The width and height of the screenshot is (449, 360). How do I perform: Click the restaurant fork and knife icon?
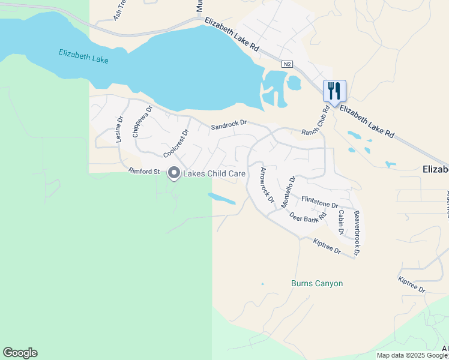[x=334, y=91]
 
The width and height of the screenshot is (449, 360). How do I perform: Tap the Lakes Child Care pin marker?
[x=174, y=173]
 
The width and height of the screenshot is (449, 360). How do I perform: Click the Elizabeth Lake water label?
[x=83, y=57]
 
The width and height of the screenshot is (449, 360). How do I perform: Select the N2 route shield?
[x=288, y=63]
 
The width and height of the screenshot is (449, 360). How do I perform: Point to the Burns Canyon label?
[x=316, y=283]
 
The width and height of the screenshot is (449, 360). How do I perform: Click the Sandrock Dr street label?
[x=229, y=125]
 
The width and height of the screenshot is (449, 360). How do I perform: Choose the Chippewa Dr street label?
[x=142, y=122]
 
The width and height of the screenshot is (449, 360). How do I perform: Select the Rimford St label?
[x=144, y=172]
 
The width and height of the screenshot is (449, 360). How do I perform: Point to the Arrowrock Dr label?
[x=267, y=184]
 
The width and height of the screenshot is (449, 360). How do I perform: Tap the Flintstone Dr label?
[x=320, y=201]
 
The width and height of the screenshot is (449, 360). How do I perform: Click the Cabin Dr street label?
[x=340, y=223]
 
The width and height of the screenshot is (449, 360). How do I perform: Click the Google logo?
[x=20, y=353]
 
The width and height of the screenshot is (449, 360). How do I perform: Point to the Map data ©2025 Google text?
[x=412, y=355]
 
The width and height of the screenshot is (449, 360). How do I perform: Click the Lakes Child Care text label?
[x=214, y=174]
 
